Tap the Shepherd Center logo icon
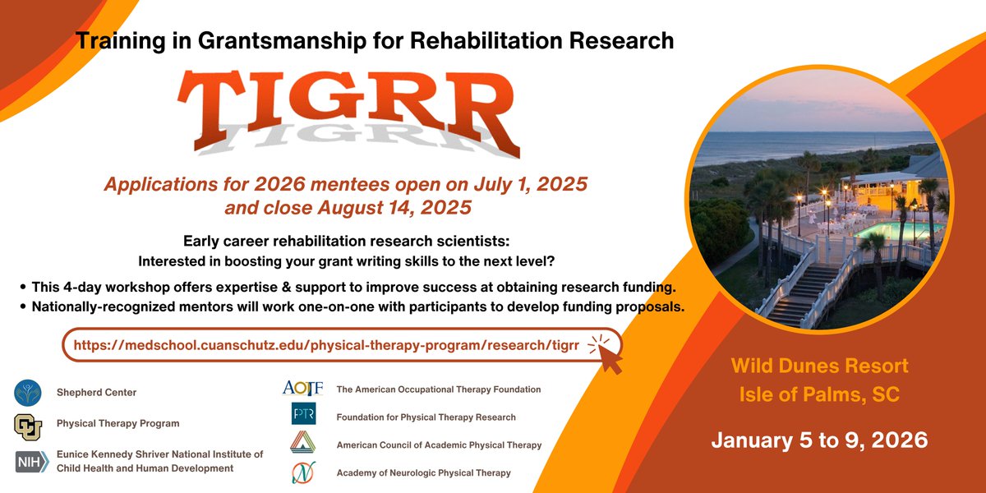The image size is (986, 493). [x=28, y=393]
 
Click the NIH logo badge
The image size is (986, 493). [x=32, y=462]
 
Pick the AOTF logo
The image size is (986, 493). [x=302, y=388]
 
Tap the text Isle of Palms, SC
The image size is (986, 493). [x=817, y=396]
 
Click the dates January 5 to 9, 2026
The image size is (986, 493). [x=819, y=440]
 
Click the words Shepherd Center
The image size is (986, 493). [x=96, y=393]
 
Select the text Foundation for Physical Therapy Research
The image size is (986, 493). [x=426, y=417]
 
